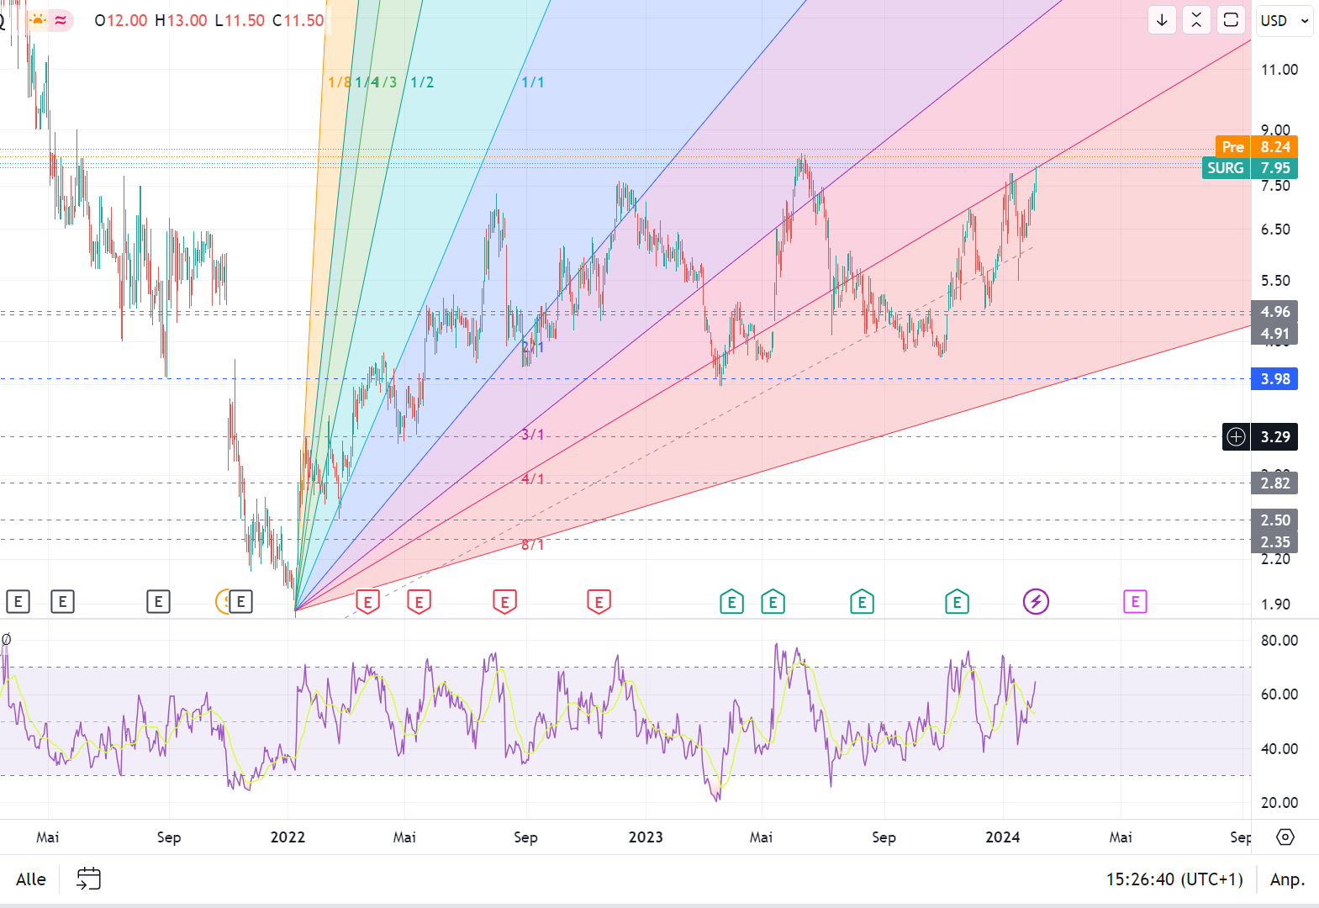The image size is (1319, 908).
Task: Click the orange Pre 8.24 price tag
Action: click(x=1256, y=146)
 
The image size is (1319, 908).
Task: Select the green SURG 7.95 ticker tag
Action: click(x=1249, y=168)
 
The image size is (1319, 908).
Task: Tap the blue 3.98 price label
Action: click(x=1274, y=379)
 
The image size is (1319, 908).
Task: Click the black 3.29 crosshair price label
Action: click(x=1274, y=437)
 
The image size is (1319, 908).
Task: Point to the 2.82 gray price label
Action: click(x=1274, y=483)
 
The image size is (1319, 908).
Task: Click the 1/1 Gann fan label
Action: click(x=532, y=82)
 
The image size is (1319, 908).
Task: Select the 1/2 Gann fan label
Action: click(x=422, y=82)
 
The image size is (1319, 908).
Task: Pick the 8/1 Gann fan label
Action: click(x=532, y=545)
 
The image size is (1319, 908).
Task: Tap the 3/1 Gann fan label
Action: click(x=532, y=435)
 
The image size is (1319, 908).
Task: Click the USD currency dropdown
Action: click(x=1285, y=20)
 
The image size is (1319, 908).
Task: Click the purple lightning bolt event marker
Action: click(x=1036, y=602)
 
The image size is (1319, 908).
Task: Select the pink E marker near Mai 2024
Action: click(x=1135, y=602)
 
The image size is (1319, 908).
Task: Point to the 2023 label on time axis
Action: click(x=646, y=837)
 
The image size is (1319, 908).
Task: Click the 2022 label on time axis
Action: click(x=288, y=837)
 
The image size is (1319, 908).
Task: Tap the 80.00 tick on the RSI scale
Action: click(x=1279, y=641)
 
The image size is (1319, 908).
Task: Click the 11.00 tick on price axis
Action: click(x=1279, y=70)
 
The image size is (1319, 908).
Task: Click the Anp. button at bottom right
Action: click(x=1287, y=879)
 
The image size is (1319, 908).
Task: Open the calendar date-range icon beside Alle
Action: click(x=88, y=879)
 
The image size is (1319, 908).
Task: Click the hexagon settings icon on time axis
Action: click(x=1285, y=837)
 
